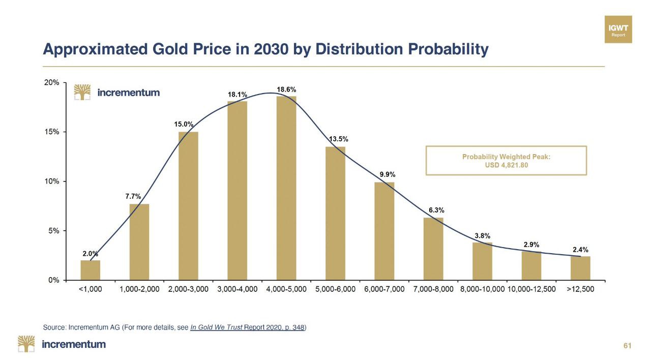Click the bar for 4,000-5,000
point(286,188)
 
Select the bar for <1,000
point(91,270)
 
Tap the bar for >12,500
point(580,268)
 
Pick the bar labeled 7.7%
point(139,242)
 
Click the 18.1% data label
point(238,95)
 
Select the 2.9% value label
point(531,245)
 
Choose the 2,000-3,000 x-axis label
point(188,289)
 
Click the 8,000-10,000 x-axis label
point(482,289)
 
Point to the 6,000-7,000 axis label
point(384,289)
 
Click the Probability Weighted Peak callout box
point(506,161)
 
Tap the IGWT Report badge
point(618,29)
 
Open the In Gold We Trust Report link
point(247,327)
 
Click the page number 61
point(627,346)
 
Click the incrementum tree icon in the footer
point(26,344)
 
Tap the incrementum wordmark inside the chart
point(128,93)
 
